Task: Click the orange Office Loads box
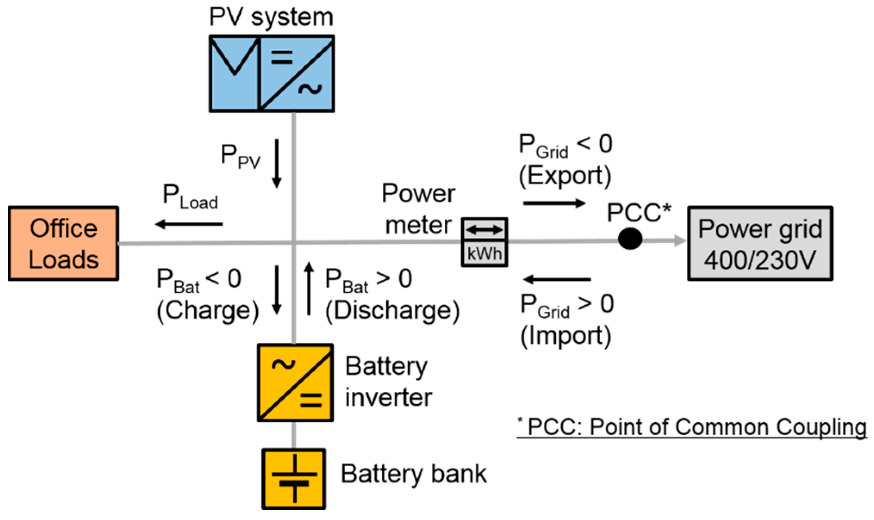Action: pyautogui.click(x=63, y=244)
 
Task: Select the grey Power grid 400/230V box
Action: pyautogui.click(x=760, y=244)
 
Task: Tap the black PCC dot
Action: pyautogui.click(x=630, y=239)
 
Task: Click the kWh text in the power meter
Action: pyautogui.click(x=484, y=254)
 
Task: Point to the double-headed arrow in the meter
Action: pyautogui.click(x=484, y=230)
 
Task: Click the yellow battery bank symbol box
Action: pyautogui.click(x=294, y=479)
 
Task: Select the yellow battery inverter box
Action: pyautogui.click(x=295, y=382)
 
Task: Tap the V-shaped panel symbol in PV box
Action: pyautogui.click(x=234, y=58)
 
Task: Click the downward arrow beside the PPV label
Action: pyautogui.click(x=277, y=163)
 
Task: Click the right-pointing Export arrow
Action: pyautogui.click(x=554, y=203)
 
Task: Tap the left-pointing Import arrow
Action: pyautogui.click(x=557, y=280)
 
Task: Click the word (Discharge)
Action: pyautogui.click(x=392, y=310)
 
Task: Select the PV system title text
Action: pyautogui.click(x=271, y=17)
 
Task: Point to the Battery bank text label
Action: pyautogui.click(x=413, y=474)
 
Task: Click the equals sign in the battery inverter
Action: pyautogui.click(x=311, y=400)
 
